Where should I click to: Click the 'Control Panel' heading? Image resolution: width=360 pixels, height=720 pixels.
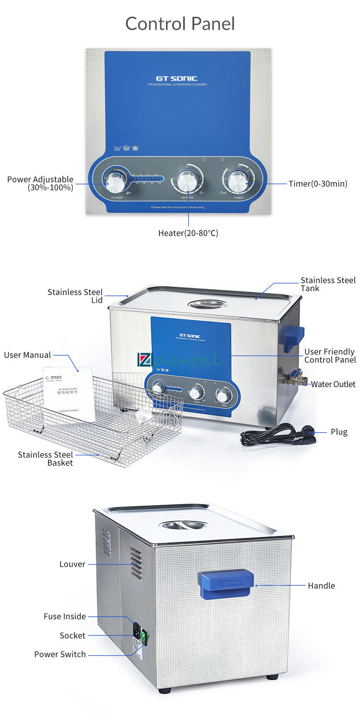click(180, 24)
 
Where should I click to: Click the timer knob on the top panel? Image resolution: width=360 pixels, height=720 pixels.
click(238, 181)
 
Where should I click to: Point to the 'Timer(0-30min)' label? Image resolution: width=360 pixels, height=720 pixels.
click(318, 184)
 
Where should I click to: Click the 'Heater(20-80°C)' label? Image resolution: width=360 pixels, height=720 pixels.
click(188, 233)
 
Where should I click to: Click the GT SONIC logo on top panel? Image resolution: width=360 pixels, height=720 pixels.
click(177, 79)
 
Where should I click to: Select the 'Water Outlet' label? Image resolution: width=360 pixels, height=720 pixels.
click(333, 384)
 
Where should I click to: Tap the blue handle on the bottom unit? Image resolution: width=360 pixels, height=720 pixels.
click(226, 584)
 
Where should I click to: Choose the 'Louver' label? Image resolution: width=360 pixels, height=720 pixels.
click(72, 564)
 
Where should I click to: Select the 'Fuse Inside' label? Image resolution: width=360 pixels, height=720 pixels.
click(65, 616)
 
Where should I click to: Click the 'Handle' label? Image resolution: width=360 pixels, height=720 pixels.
click(321, 586)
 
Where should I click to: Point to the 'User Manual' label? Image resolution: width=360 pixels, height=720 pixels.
click(27, 355)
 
